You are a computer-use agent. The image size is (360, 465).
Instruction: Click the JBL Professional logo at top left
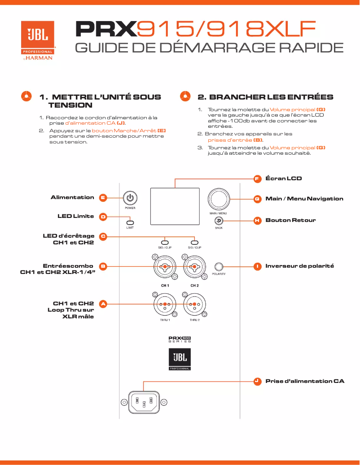tap(38, 40)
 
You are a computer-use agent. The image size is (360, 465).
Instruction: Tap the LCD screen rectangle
tap(175, 205)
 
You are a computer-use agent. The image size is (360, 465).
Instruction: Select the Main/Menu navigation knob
tap(218, 199)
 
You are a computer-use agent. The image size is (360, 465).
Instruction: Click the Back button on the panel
tap(219, 220)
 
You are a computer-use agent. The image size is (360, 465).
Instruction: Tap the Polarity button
tap(219, 266)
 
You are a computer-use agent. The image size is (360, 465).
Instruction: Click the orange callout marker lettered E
tap(103, 197)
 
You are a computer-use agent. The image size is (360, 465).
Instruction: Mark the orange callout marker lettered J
tap(257, 381)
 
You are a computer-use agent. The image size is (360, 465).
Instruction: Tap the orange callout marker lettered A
tap(103, 304)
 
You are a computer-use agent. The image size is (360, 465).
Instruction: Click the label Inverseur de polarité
tap(299, 266)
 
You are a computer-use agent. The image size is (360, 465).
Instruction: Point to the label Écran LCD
tap(284, 178)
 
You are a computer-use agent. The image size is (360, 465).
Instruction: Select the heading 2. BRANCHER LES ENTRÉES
tap(265, 97)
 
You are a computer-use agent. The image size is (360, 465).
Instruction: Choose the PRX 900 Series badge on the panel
tap(180, 340)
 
